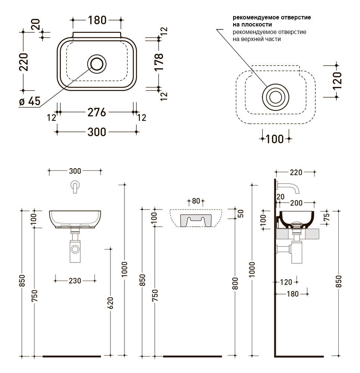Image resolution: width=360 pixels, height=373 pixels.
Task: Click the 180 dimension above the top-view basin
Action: (x=97, y=20)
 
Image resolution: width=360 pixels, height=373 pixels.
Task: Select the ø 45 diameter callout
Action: (x=30, y=101)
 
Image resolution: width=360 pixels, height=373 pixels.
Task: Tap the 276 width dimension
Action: (x=97, y=112)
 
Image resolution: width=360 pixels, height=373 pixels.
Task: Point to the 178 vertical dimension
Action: (x=159, y=62)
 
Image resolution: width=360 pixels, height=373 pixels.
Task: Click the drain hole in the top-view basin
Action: (x=97, y=64)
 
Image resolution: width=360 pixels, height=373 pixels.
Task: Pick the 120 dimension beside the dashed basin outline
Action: (x=337, y=81)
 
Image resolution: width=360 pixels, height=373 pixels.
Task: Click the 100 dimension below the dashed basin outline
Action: (x=275, y=139)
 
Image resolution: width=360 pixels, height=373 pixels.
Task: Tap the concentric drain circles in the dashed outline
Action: (x=276, y=97)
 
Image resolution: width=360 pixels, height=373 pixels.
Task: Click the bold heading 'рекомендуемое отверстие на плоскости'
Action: (x=272, y=21)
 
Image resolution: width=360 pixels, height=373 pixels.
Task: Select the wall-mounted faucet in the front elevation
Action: (x=75, y=187)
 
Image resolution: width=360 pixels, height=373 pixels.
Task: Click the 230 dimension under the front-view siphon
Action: (x=75, y=281)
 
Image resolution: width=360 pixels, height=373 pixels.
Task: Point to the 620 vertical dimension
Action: (x=110, y=303)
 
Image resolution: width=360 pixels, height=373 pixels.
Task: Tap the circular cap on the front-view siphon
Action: (x=75, y=249)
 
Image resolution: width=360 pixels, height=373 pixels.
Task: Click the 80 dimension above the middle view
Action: (x=196, y=201)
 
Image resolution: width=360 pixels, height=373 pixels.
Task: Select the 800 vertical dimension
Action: (x=235, y=283)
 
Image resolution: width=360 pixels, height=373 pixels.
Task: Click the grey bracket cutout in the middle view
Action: (x=195, y=220)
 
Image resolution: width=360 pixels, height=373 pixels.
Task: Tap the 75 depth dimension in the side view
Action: (x=327, y=217)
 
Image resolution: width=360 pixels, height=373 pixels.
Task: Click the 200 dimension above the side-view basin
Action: (x=296, y=203)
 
